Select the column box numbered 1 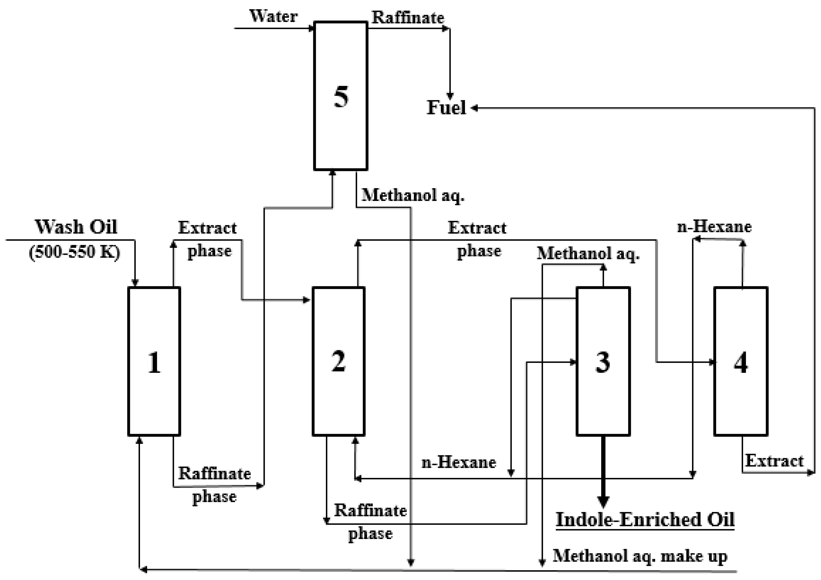coord(154,361)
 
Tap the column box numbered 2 coord(339,361)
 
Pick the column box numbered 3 coord(603,361)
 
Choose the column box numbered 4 coord(741,361)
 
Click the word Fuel coord(446,107)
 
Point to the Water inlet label coord(273,17)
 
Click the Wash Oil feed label coord(76,227)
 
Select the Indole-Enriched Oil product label coord(645,519)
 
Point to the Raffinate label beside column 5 coord(408,17)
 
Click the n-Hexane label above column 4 coord(714,227)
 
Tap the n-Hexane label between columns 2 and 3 coord(459,462)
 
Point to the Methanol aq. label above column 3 coord(588,254)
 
